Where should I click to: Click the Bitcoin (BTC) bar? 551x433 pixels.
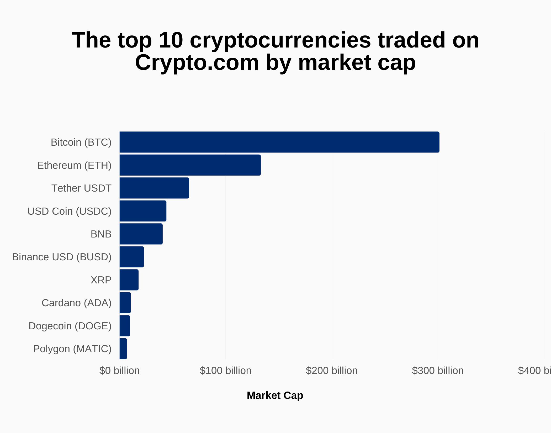(x=279, y=142)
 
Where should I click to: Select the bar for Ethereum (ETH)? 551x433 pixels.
(x=190, y=165)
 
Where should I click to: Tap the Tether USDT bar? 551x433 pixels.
(x=154, y=188)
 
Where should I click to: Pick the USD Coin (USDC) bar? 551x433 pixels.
(x=143, y=211)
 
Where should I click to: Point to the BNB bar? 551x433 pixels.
(x=141, y=234)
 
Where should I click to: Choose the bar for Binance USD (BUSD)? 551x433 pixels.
(x=131, y=257)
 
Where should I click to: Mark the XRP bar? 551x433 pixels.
(x=129, y=280)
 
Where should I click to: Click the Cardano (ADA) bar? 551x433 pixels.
(x=125, y=303)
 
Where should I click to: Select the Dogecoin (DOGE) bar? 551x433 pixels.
(x=125, y=326)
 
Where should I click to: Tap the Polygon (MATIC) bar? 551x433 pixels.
(x=123, y=349)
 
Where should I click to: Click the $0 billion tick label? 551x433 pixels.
(x=119, y=371)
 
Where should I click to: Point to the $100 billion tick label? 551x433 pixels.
(x=225, y=371)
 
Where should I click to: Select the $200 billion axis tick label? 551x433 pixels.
(x=331, y=371)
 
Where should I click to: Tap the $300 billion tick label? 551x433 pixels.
(x=438, y=371)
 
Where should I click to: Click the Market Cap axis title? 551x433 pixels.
(x=275, y=395)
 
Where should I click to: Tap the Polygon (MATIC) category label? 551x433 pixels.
(x=72, y=349)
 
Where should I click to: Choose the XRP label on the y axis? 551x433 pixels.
(x=101, y=280)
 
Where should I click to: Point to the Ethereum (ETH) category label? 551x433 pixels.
(x=74, y=165)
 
